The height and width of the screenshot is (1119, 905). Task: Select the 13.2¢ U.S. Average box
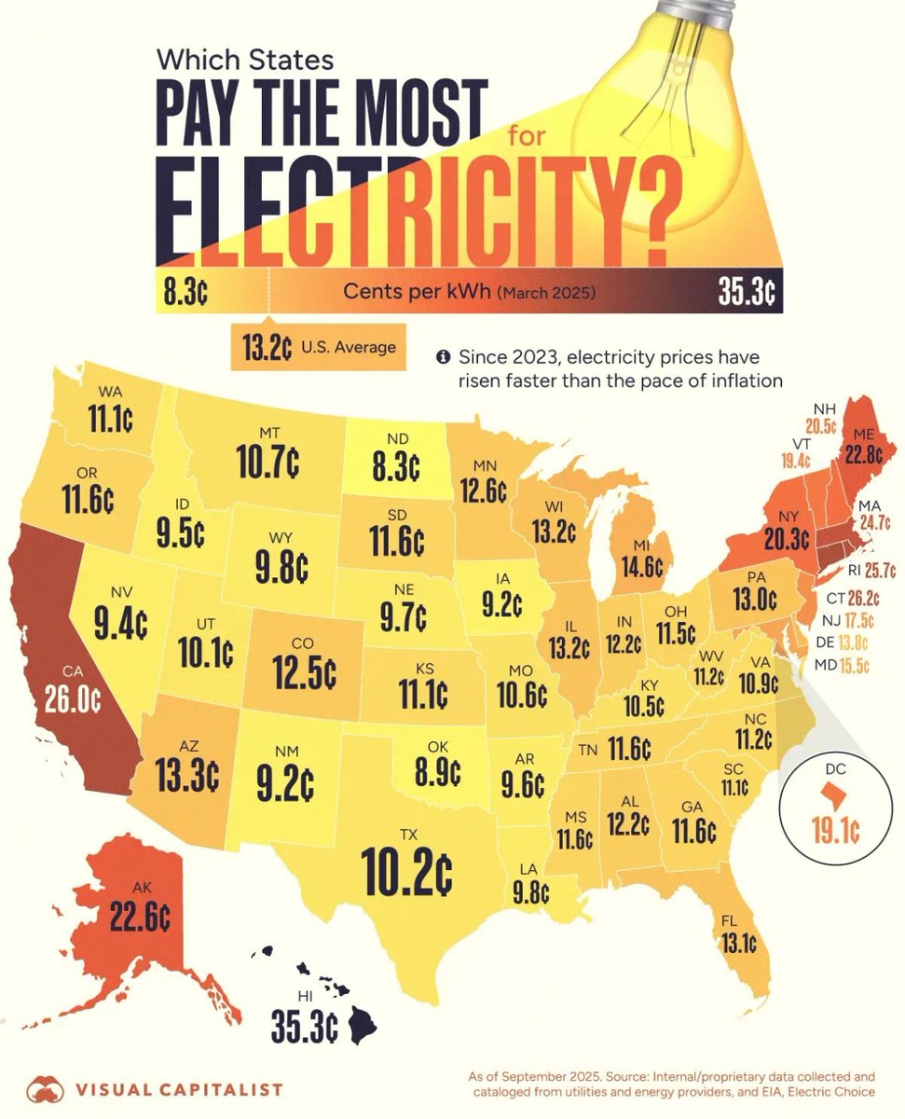coord(318,348)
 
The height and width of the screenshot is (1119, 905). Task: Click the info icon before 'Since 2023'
coord(443,356)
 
